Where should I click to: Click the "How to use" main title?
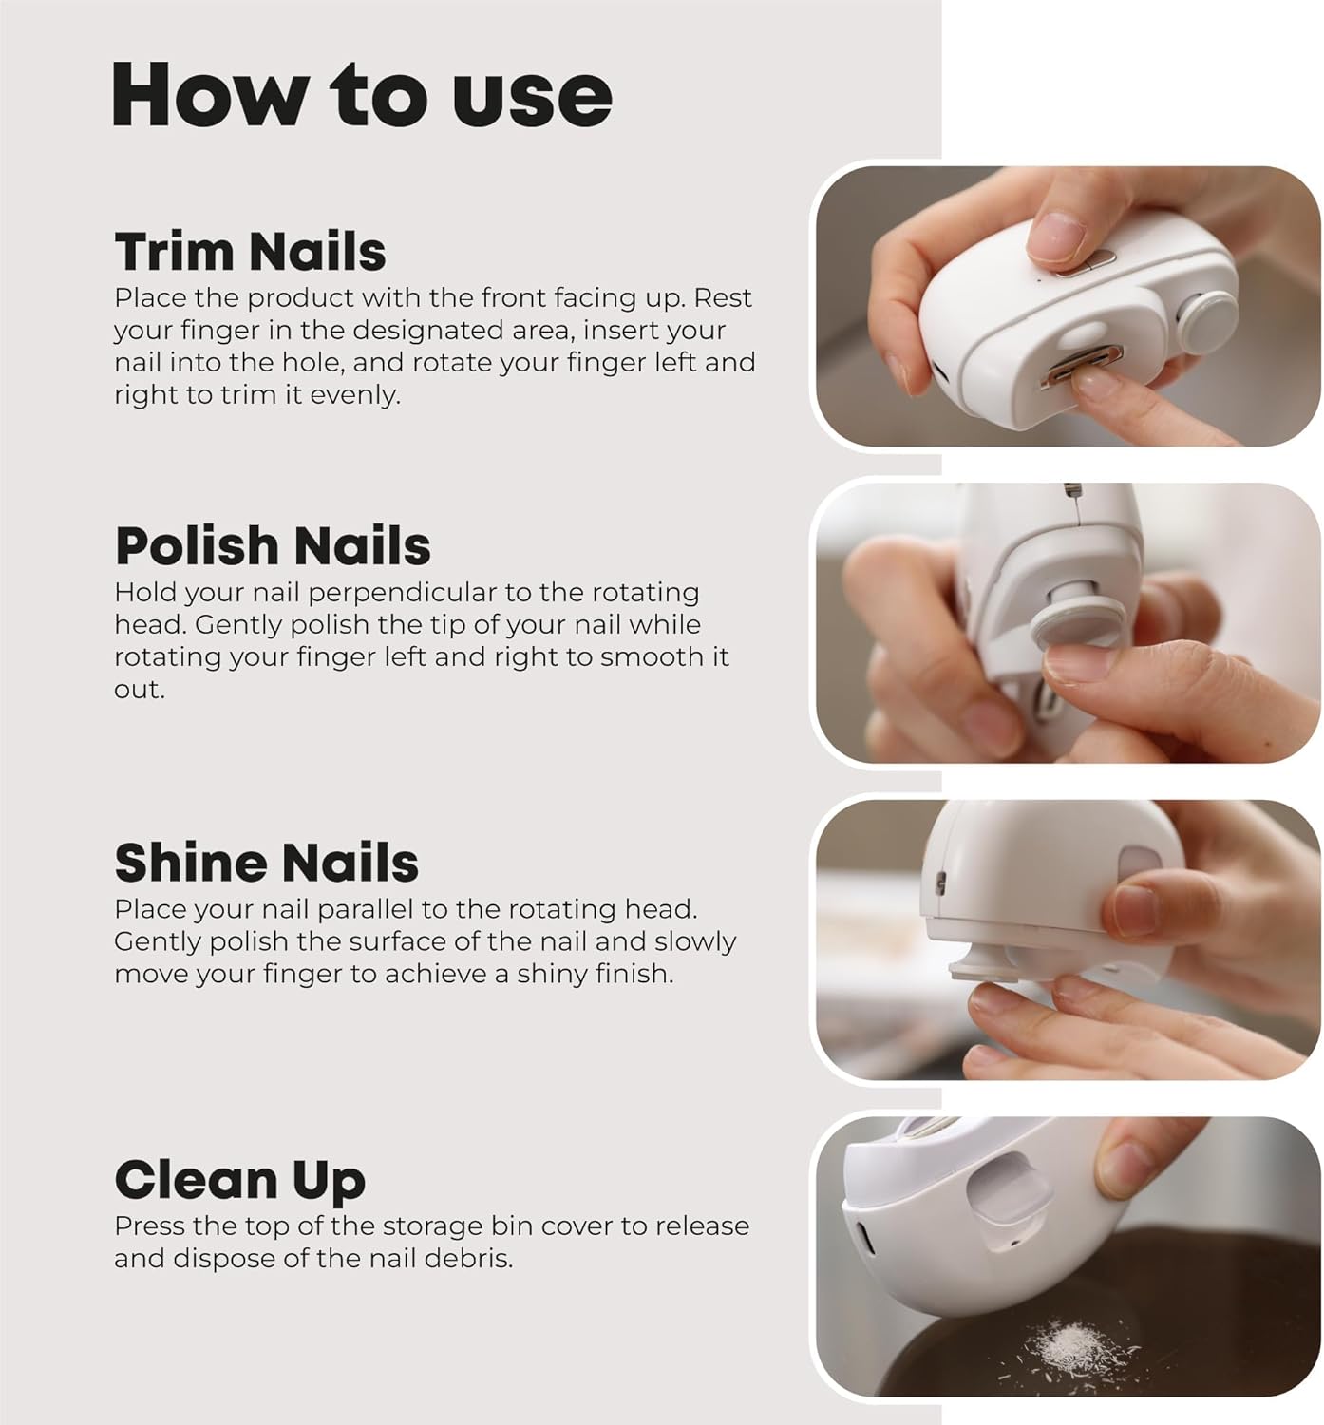coord(362,95)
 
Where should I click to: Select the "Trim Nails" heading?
coord(250,252)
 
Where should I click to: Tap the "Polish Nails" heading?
coord(273,546)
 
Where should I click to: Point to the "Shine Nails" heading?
coord(266,863)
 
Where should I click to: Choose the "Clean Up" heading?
coord(239,1179)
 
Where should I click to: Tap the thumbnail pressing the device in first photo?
coord(1056,237)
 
